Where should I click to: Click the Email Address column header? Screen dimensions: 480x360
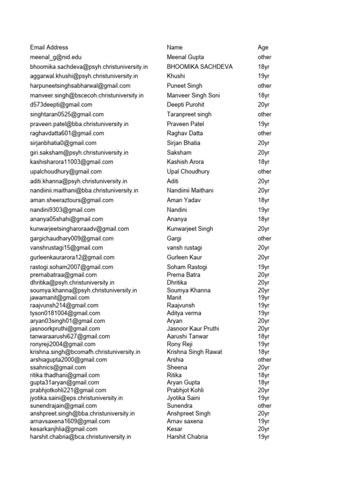point(49,47)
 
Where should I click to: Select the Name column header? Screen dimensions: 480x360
point(175,47)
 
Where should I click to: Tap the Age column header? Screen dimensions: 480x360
point(263,47)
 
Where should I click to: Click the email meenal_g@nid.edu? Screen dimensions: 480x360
point(56,57)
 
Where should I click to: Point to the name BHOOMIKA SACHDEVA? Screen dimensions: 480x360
point(200,67)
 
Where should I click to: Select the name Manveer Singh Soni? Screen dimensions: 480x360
point(193,95)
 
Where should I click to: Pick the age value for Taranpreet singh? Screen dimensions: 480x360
point(264,114)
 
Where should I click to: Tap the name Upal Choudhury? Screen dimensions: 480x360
point(188,172)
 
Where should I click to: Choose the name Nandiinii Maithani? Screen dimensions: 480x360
point(190,190)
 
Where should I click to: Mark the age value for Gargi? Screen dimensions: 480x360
point(264,239)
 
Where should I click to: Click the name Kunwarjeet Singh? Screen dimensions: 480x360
point(190,229)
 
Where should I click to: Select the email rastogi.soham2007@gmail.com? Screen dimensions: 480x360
point(72,267)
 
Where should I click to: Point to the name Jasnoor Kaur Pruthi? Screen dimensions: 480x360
point(193,329)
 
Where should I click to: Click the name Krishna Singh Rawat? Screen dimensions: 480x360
point(195,352)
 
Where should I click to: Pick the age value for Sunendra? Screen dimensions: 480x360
point(264,406)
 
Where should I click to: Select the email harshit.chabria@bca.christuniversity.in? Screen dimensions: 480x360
point(81,437)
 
